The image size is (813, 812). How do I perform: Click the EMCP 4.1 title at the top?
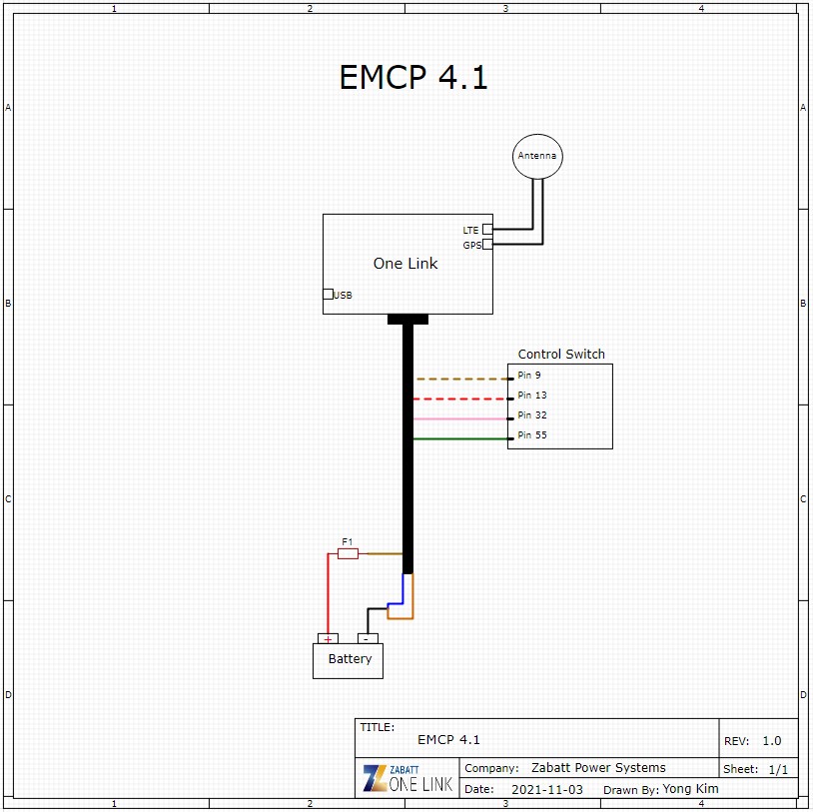point(413,78)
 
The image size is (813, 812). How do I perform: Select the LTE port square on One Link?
point(487,229)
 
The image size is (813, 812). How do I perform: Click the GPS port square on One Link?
point(487,244)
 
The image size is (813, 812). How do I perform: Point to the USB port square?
point(328,294)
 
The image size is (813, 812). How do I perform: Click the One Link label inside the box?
point(406,264)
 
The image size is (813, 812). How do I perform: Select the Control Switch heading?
point(561,354)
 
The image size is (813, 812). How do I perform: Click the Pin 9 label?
point(529,376)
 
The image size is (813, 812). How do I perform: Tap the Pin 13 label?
point(532,396)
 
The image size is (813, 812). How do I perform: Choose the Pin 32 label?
point(532,415)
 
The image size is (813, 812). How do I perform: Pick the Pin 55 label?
point(532,435)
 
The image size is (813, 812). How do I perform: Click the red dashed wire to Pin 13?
point(459,399)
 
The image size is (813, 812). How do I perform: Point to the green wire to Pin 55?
point(459,438)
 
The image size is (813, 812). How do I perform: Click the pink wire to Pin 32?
point(459,418)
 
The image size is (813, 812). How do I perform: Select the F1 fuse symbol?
point(348,553)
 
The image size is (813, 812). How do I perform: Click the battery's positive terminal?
point(328,638)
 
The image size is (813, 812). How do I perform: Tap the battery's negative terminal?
point(368,638)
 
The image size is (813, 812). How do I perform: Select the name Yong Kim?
point(690,789)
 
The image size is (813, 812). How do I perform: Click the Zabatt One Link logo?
point(407,778)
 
